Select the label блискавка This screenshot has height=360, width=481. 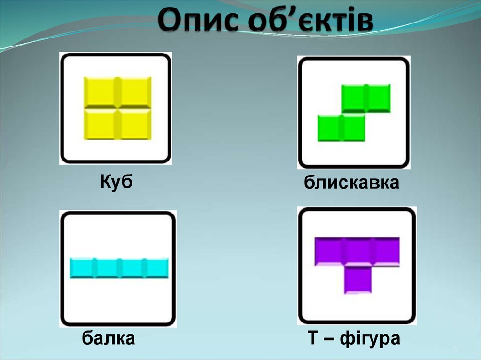351,183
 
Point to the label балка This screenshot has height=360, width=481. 109,337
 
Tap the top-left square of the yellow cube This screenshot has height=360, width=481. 100,92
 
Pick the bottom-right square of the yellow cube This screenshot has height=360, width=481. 135,124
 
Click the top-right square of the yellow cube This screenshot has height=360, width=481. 135,92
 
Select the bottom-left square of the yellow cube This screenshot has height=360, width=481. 100,124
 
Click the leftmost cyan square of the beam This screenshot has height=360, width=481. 82,268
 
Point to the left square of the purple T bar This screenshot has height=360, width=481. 329,251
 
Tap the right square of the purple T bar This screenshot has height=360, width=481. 386,251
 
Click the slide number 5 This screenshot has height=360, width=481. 455,350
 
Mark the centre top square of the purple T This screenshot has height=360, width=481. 357,251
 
